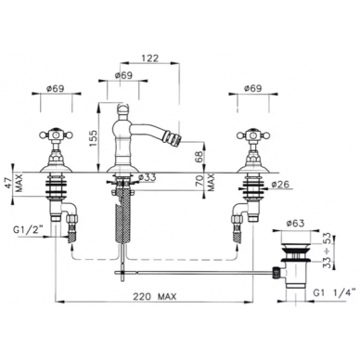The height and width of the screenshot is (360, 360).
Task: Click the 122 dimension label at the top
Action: pos(149,58)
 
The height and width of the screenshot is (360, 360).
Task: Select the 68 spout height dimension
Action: pos(199,156)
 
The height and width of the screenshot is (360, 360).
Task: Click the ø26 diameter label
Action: pos(280,185)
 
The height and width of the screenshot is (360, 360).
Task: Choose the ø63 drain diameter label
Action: pos(295,223)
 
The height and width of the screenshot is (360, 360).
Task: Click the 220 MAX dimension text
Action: pos(155,297)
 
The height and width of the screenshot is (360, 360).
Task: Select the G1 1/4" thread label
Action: pos(335,292)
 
